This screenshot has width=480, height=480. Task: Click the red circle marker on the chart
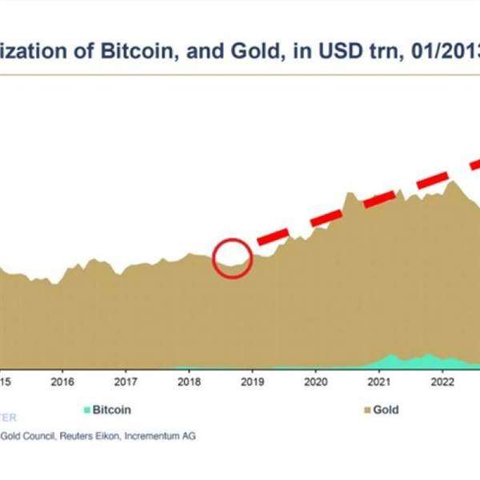[x=233, y=258]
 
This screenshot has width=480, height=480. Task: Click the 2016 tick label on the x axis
[x=62, y=382]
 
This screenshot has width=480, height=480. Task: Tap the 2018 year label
[x=189, y=382]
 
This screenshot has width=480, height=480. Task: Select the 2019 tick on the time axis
[x=252, y=382]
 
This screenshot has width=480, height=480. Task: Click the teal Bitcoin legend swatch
[x=87, y=410]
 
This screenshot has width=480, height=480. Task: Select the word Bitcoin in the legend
[x=112, y=410]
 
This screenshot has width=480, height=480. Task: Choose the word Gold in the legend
[x=385, y=410]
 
